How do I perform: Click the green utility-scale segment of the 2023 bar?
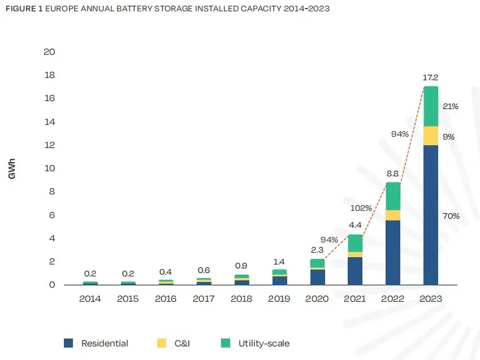[x=431, y=106]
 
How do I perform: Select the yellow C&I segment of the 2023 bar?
[x=431, y=136]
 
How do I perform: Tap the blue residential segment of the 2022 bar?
[x=393, y=253]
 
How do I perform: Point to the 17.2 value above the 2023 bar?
[x=431, y=77]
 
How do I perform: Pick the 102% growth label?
[x=361, y=208]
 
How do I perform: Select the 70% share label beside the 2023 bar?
[x=451, y=216]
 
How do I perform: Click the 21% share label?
[x=451, y=106]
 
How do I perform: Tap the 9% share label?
[x=449, y=137]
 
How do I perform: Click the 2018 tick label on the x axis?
[x=241, y=298]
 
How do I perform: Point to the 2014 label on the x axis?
[x=90, y=298]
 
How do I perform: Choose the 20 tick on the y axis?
[x=49, y=52]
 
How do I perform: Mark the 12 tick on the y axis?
[x=49, y=145]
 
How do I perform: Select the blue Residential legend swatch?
[x=68, y=343]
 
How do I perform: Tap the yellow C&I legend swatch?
[x=162, y=343]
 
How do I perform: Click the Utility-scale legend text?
[x=264, y=343]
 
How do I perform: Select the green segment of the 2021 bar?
[x=355, y=243]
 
